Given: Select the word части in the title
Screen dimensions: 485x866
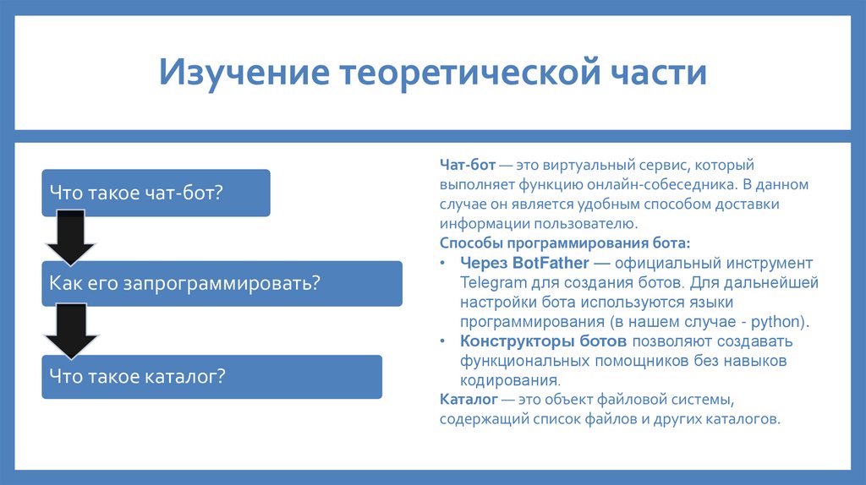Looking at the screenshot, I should pyautogui.click(x=656, y=73).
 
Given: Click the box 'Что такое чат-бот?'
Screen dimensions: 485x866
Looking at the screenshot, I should pyautogui.click(x=156, y=193).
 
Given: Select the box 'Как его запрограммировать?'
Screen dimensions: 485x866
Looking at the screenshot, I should pyautogui.click(x=222, y=283).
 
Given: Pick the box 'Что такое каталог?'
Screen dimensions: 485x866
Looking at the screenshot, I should pyautogui.click(x=211, y=376).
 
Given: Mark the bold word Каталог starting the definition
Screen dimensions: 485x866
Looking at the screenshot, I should pyautogui.click(x=468, y=399).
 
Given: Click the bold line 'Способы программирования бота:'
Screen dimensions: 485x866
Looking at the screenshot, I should pyautogui.click(x=564, y=243).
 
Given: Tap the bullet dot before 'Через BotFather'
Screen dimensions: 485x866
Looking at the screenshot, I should pyautogui.click(x=445, y=264).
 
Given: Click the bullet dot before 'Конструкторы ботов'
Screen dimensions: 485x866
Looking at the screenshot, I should pyautogui.click(x=445, y=342).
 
